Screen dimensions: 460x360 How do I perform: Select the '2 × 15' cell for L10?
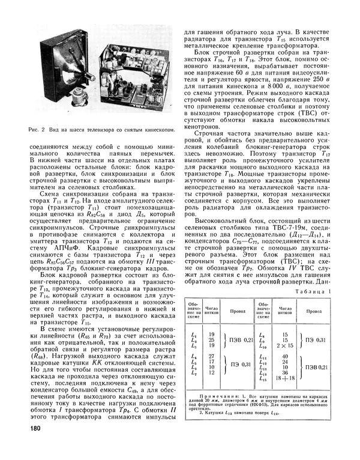tap(284, 346)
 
